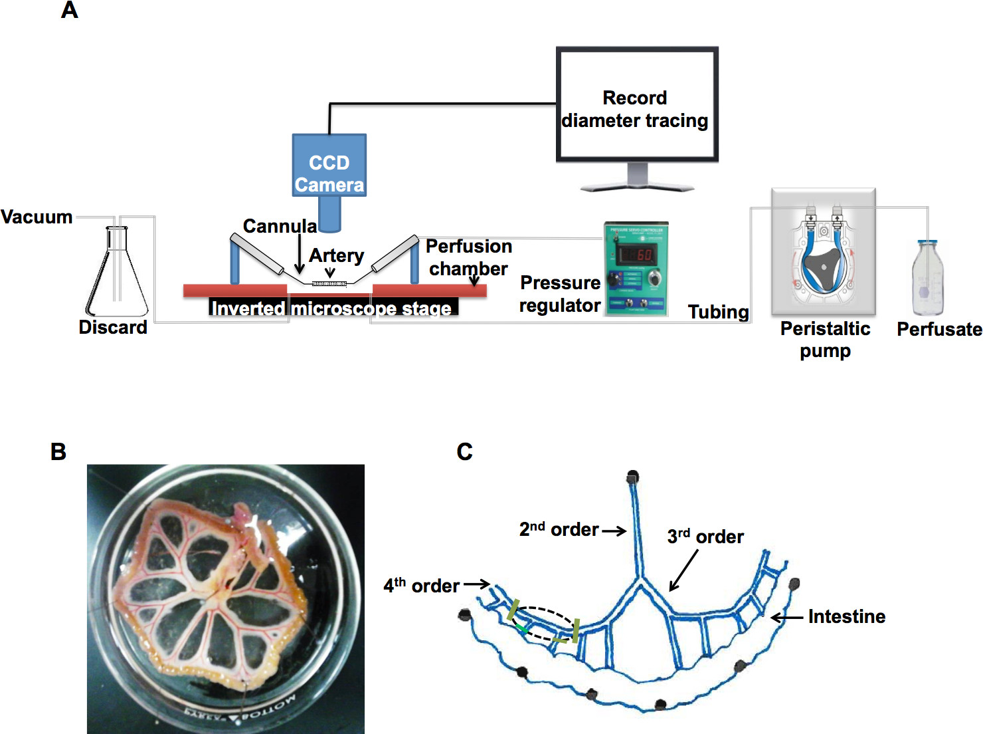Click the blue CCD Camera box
tap(329, 165)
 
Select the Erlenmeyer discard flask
tap(117, 276)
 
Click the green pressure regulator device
tap(636, 269)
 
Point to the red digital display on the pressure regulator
tap(636, 254)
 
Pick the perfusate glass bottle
tap(927, 279)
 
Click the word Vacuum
tap(37, 217)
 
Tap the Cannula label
tap(280, 226)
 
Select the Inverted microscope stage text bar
tap(332, 308)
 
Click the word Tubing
tap(718, 312)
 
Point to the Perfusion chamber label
tap(468, 257)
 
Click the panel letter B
tap(58, 452)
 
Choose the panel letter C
tap(464, 452)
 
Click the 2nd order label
tap(559, 530)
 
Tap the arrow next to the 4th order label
tap(477, 584)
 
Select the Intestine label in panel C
tap(846, 617)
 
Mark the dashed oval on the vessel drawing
tap(543, 624)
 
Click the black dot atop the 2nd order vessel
tap(632, 477)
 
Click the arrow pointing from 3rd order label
tap(684, 570)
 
